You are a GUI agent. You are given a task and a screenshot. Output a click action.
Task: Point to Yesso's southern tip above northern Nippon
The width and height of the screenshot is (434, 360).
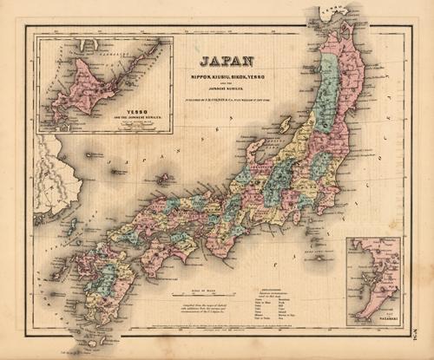pyautogui.click(x=334, y=15)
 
